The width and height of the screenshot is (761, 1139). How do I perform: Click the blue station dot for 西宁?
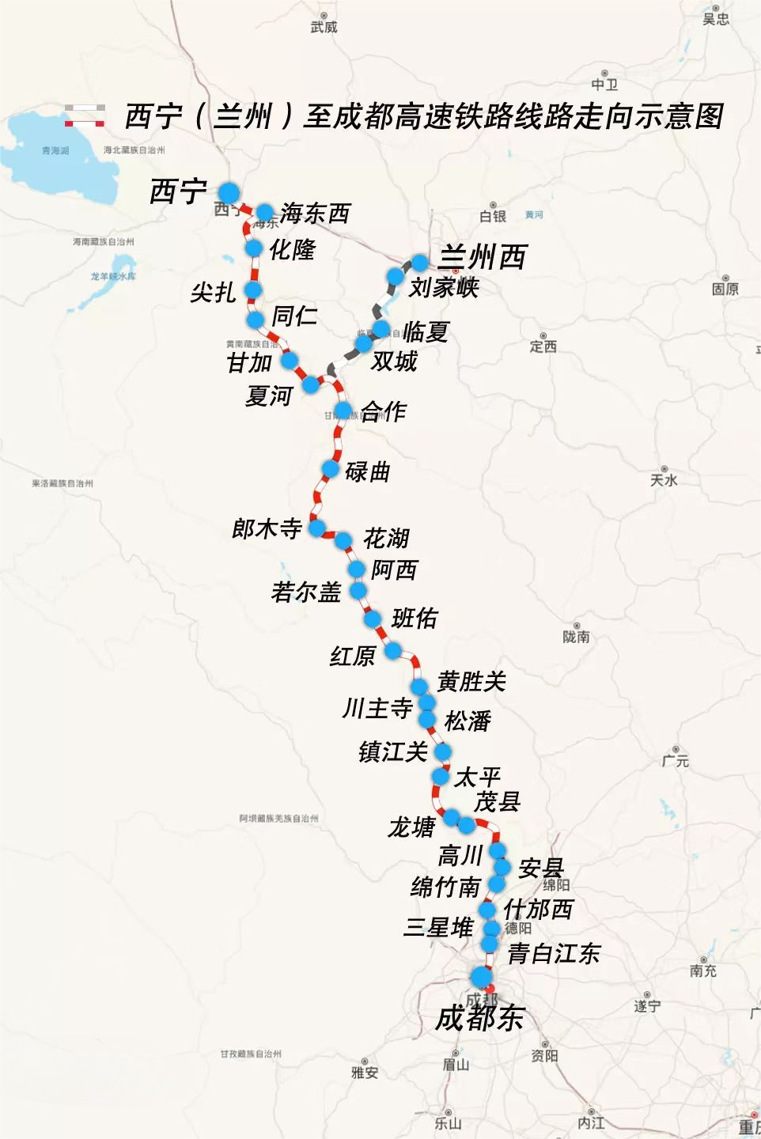[229, 192]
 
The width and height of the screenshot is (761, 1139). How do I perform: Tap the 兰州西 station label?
[482, 257]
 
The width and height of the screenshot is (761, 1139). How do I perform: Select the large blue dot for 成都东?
[481, 977]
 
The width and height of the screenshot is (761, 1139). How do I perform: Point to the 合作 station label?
[384, 411]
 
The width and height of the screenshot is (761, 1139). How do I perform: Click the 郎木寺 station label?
[267, 528]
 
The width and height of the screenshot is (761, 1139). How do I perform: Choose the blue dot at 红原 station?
[392, 652]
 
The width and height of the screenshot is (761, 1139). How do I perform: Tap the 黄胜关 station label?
[471, 681]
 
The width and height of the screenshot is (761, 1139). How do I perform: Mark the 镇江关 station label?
[393, 751]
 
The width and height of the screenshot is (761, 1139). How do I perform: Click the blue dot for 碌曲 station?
[331, 469]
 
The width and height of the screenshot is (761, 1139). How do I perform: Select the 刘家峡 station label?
[444, 287]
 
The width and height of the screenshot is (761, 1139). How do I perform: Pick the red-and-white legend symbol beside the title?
[85, 115]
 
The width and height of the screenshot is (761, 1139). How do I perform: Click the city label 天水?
[664, 480]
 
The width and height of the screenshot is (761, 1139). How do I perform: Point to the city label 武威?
[324, 27]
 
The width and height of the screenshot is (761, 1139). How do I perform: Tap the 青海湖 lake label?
[55, 150]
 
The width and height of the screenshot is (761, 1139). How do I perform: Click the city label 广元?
[676, 761]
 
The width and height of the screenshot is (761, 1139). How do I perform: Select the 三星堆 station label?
[438, 927]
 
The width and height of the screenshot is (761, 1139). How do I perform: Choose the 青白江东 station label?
[554, 953]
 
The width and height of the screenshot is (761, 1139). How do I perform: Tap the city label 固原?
[725, 289]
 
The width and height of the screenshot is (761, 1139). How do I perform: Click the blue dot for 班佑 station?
[373, 618]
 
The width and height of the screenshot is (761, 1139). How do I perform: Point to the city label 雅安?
[365, 1073]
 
